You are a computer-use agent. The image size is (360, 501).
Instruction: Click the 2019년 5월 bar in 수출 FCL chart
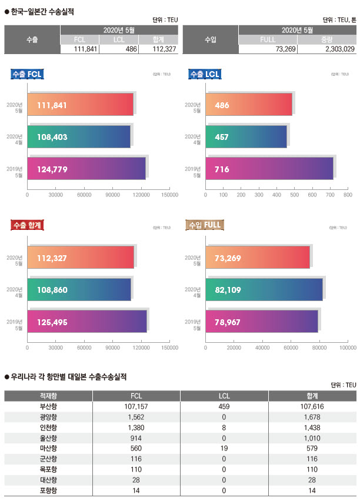[86, 169]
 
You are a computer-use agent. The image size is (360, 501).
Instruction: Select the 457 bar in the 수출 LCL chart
[246, 137]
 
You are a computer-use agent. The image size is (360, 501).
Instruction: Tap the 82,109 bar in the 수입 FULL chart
[264, 289]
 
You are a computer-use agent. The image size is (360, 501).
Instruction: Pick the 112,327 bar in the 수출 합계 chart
[81, 257]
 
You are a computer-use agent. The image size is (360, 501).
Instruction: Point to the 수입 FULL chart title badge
[204, 225]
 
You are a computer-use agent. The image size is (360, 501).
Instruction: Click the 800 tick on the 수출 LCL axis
[348, 194]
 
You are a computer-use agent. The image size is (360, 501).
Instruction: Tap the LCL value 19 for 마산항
[224, 448]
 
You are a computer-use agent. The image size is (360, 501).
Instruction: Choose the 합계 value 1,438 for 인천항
[312, 427]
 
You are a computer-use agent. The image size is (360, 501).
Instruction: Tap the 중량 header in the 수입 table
[326, 39]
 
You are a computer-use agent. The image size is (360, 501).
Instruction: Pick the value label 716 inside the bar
[222, 169]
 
